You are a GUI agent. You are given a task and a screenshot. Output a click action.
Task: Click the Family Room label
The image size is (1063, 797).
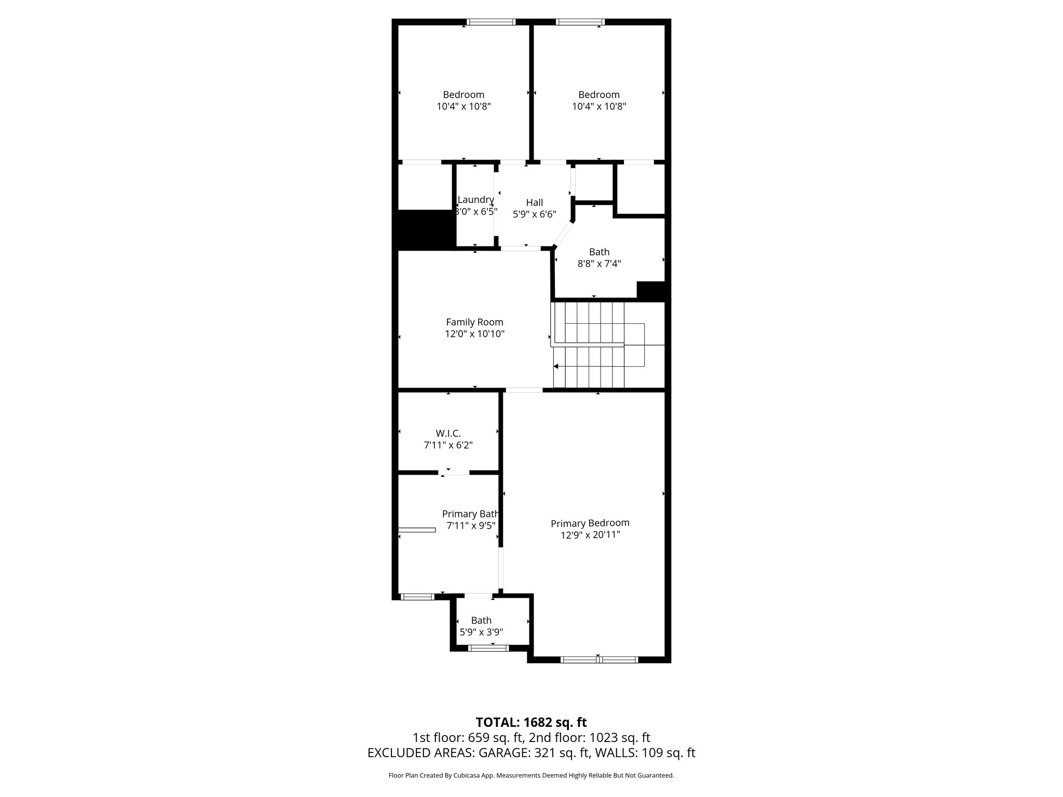(474, 322)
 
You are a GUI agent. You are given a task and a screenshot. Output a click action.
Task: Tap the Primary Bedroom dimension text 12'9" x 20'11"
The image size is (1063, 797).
(590, 535)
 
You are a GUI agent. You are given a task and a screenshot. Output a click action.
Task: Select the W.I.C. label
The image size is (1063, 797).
(448, 433)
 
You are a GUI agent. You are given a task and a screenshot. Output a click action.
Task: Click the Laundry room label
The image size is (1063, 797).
(476, 200)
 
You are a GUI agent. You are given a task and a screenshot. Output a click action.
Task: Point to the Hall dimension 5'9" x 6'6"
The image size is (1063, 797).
(535, 214)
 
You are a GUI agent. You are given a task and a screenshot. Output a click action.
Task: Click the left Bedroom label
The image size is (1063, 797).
(464, 94)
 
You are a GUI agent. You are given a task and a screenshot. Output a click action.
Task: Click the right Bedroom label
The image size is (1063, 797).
(599, 94)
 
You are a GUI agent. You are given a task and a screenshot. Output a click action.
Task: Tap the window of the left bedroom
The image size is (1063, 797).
(490, 22)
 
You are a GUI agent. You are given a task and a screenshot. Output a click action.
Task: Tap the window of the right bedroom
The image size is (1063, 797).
(580, 22)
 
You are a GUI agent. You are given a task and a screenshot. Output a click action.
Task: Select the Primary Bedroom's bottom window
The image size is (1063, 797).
(599, 659)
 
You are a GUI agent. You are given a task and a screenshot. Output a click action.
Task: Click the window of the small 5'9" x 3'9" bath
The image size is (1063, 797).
(488, 648)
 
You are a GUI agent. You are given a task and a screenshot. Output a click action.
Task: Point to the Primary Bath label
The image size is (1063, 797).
(471, 514)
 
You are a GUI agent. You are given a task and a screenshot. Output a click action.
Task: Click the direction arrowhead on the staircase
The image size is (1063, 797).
(556, 366)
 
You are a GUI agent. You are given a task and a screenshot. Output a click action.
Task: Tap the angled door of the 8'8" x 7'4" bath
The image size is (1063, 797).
(564, 233)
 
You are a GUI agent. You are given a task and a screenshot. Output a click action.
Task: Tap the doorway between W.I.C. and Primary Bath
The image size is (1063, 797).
(454, 473)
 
